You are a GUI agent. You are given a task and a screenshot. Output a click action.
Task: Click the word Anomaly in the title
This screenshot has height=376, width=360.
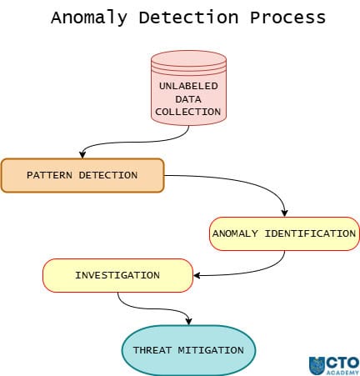coord(84,18)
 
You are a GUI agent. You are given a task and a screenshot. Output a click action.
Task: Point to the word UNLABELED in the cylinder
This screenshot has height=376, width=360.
coord(188,86)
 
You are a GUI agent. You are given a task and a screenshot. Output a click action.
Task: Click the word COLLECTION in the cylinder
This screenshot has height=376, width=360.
coord(188,111)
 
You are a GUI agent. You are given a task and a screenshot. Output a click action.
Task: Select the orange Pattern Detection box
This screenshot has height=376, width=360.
coord(82,176)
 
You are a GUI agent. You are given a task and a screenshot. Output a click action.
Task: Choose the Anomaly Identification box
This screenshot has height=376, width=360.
coord(283,233)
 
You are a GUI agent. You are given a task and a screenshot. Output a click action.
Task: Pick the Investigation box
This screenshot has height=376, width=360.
coord(117,275)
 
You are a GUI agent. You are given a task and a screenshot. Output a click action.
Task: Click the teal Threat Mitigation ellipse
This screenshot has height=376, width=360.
coord(188,350)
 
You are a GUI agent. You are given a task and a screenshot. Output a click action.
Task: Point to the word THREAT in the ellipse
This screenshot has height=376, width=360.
coord(152,350)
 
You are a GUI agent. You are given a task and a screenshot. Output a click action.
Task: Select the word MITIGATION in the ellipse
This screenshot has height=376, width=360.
coord(210,350)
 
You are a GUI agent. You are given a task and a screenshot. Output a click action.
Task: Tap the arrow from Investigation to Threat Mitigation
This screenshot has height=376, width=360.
coord(150,309)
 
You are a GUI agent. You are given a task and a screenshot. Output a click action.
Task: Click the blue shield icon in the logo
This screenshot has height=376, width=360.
coord(317,365)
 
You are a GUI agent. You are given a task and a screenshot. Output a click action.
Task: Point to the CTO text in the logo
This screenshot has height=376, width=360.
coord(342,362)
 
